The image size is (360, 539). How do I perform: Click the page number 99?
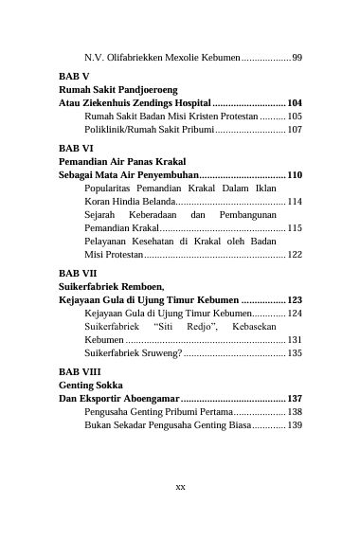(297, 58)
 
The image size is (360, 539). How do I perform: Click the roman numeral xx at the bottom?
(180, 486)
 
